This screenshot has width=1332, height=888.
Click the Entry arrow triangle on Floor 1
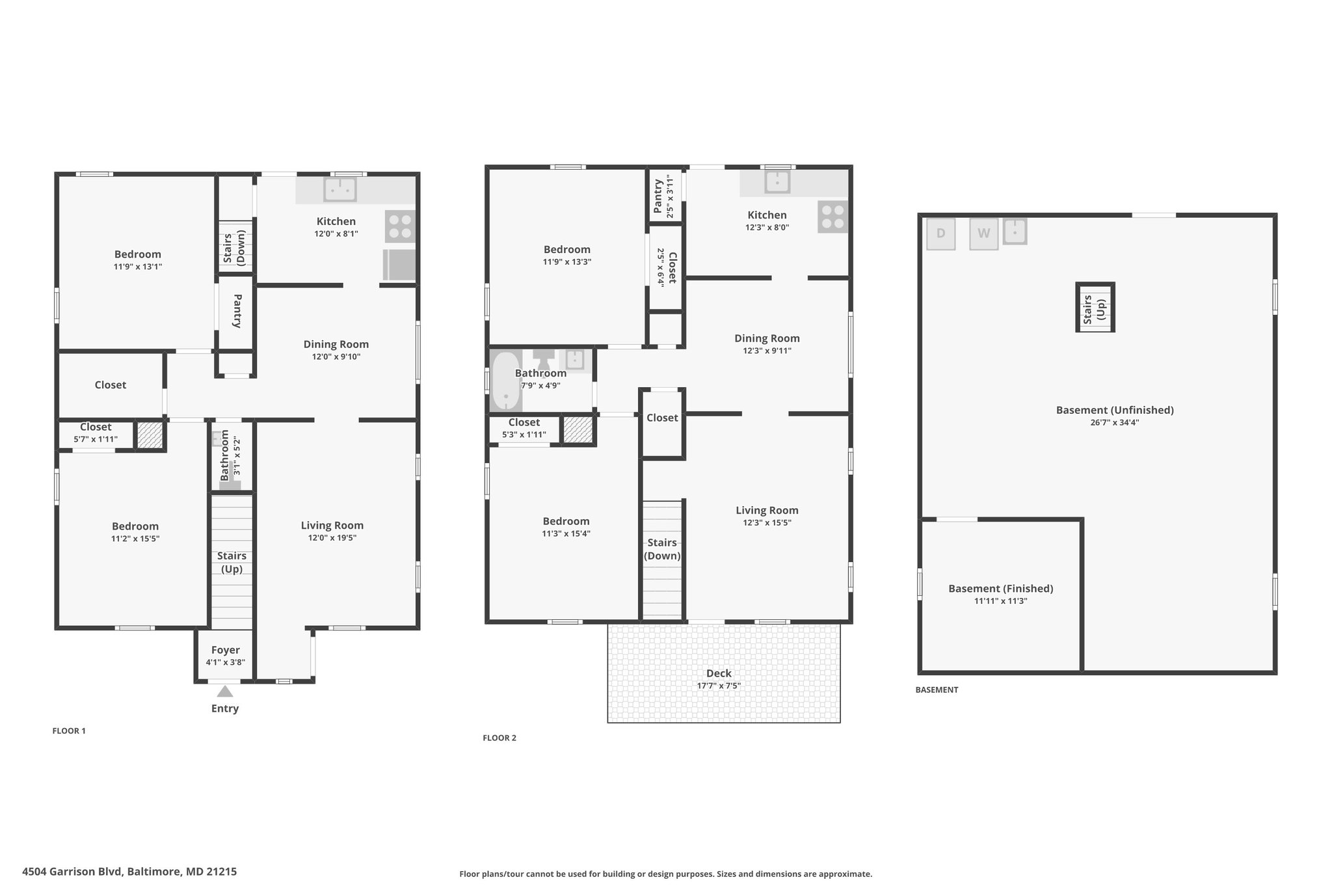(x=225, y=691)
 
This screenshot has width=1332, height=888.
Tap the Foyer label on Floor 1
(x=226, y=650)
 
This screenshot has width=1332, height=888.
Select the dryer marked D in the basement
(x=940, y=234)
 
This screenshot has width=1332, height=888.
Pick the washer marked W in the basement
(x=983, y=234)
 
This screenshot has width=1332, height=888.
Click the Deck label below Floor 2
(x=719, y=673)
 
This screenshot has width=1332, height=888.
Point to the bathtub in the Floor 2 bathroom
(x=506, y=382)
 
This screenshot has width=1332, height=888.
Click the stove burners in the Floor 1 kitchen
(x=400, y=226)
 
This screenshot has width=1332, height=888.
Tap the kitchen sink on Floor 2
(x=777, y=182)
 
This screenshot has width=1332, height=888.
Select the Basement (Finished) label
(x=1001, y=589)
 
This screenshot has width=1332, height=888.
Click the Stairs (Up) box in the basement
(x=1095, y=308)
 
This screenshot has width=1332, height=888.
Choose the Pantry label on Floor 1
(x=237, y=311)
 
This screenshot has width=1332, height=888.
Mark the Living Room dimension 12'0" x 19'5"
(x=332, y=538)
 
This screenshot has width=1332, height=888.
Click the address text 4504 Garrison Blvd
(x=72, y=871)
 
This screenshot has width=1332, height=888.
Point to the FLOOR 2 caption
(x=499, y=738)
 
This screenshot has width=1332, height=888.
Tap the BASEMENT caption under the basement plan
(x=937, y=690)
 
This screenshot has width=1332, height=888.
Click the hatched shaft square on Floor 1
(x=150, y=435)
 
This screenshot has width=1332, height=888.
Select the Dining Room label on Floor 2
(x=767, y=338)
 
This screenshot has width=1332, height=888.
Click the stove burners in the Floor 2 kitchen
(x=833, y=217)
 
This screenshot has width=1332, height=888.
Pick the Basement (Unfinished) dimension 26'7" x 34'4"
(x=1115, y=422)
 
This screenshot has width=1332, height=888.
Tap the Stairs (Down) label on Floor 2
(x=662, y=549)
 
